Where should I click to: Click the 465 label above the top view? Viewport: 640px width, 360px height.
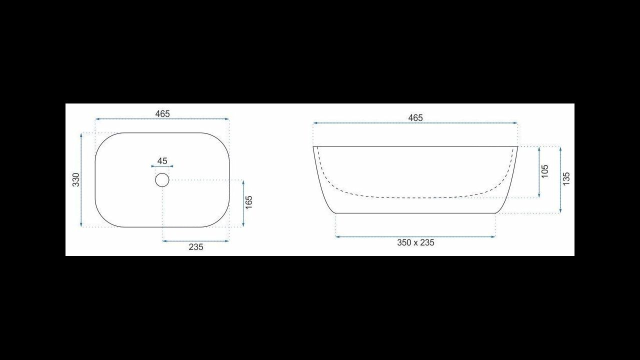click(x=162, y=113)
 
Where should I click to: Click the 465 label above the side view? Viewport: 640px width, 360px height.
click(x=415, y=117)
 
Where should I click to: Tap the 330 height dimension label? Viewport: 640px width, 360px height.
click(x=76, y=179)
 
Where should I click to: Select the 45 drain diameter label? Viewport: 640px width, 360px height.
click(x=162, y=161)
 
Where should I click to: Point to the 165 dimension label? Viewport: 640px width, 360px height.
click(x=249, y=202)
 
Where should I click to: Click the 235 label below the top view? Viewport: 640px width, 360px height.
click(x=196, y=247)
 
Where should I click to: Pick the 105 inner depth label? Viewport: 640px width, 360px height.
click(x=545, y=171)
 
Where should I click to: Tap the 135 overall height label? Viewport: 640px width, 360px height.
click(x=566, y=178)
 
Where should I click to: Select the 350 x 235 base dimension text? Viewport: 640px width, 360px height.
click(x=415, y=242)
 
